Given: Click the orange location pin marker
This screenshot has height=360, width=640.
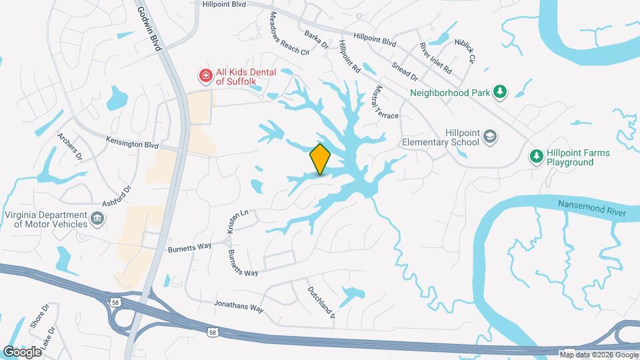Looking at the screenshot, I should click(x=320, y=159).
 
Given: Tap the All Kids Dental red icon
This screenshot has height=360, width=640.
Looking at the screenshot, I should click(x=207, y=76).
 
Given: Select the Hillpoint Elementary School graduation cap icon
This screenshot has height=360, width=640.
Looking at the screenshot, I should click(x=490, y=137).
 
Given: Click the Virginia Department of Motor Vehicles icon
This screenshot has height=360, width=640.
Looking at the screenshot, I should click(x=97, y=218).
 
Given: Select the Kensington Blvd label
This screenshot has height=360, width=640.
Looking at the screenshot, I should click(x=133, y=142).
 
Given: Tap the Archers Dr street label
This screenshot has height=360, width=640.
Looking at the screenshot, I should click(x=69, y=147).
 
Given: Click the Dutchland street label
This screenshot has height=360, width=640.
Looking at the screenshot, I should click(x=321, y=301).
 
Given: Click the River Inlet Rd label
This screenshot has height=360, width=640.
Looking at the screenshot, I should click(x=435, y=58).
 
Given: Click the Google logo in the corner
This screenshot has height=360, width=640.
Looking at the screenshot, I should click(x=22, y=351).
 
